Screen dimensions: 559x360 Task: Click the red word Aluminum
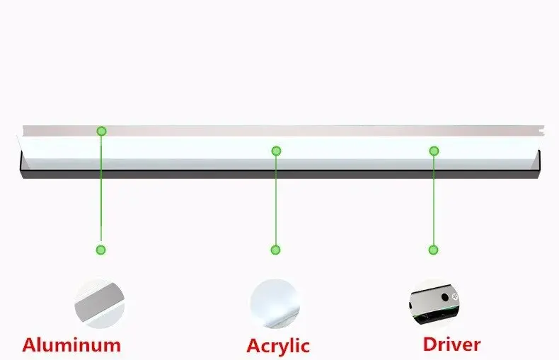click(71, 345)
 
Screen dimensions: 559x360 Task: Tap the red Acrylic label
click(278, 346)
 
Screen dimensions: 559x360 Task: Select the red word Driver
click(451, 344)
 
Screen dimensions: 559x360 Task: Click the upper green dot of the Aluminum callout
click(102, 131)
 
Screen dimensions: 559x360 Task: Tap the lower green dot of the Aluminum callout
click(101, 250)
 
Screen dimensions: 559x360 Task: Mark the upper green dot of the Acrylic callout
click(277, 151)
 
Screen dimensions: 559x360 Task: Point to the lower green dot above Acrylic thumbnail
click(275, 250)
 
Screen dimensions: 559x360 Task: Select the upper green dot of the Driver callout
click(434, 151)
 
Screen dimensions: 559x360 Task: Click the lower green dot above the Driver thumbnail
click(433, 250)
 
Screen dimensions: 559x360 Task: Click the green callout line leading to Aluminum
click(101, 191)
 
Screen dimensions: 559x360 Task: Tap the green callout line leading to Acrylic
click(276, 202)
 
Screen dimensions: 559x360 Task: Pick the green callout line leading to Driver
click(433, 202)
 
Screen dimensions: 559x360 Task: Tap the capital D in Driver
click(431, 344)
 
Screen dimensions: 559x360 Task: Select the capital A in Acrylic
click(254, 346)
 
